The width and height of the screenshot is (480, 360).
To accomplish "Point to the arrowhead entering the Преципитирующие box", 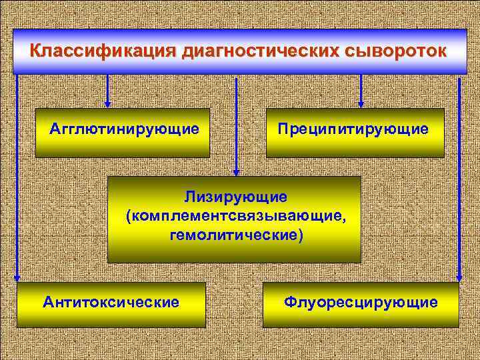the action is tap(361, 103).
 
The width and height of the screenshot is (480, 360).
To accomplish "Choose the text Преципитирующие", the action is tap(354, 128).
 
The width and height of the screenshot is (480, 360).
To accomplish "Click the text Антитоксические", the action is tap(111, 303).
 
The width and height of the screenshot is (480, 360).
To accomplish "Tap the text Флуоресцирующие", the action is tap(361, 303).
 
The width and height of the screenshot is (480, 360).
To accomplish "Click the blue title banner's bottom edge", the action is tap(240, 73).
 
